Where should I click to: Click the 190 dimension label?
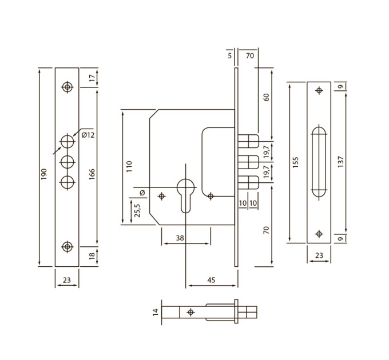tap(44, 174)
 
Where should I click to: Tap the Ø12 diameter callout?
tap(88, 135)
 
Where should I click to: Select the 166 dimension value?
tap(92, 174)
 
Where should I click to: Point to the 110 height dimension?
tap(129, 166)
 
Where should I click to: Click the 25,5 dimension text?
tap(137, 210)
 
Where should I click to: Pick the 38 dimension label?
tap(180, 238)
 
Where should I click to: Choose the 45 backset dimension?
tap(211, 280)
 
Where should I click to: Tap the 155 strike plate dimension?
tap(295, 162)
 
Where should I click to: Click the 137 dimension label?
tap(340, 162)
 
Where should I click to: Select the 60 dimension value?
tap(266, 97)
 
